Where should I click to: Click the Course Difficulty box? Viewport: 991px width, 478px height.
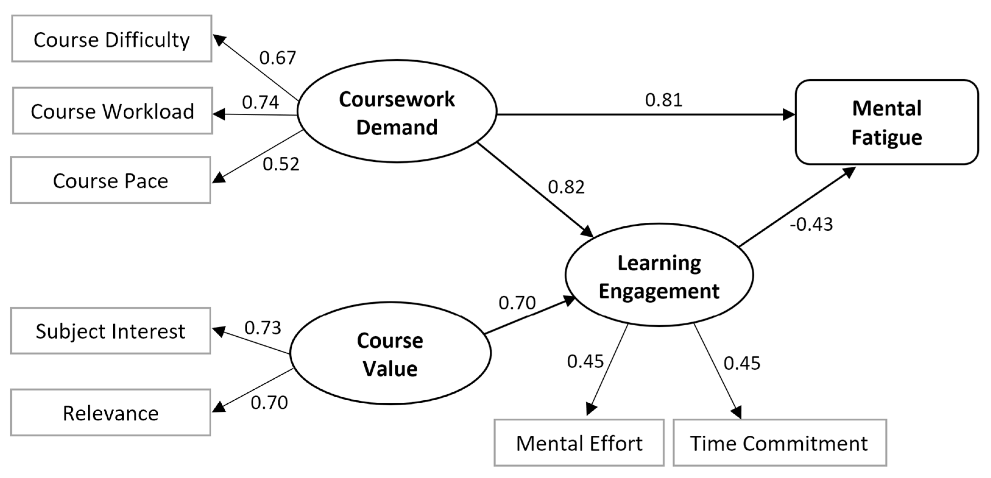click(x=111, y=39)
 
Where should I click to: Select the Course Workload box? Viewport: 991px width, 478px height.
click(x=112, y=111)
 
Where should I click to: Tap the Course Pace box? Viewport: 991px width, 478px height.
click(x=111, y=180)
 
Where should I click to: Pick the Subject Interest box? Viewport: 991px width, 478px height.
click(x=111, y=331)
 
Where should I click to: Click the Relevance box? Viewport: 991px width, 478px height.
click(x=111, y=412)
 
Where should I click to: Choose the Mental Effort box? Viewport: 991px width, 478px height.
click(x=579, y=443)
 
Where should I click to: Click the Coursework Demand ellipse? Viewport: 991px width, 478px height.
click(x=397, y=112)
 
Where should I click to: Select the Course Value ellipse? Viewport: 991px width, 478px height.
click(x=390, y=353)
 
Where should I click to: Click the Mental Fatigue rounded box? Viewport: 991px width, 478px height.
click(x=887, y=122)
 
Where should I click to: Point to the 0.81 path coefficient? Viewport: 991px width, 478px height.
click(x=664, y=100)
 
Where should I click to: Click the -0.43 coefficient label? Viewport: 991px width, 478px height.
click(x=811, y=224)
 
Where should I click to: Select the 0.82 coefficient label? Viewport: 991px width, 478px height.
click(x=566, y=187)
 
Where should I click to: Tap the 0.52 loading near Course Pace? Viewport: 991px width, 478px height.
click(x=281, y=164)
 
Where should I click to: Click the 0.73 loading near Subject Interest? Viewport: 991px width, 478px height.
click(x=263, y=328)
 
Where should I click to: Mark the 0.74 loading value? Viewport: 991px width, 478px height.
click(x=260, y=102)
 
